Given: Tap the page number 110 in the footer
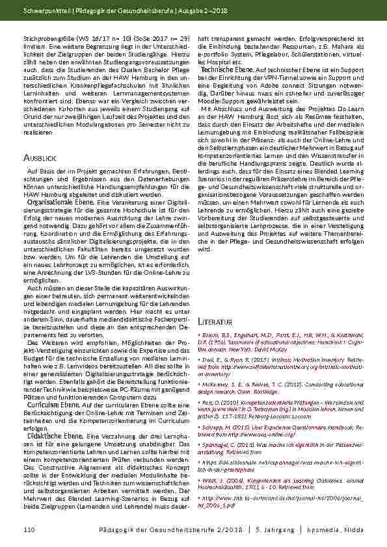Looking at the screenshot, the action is click(28, 531).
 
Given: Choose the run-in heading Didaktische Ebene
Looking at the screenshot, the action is click(49, 436).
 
